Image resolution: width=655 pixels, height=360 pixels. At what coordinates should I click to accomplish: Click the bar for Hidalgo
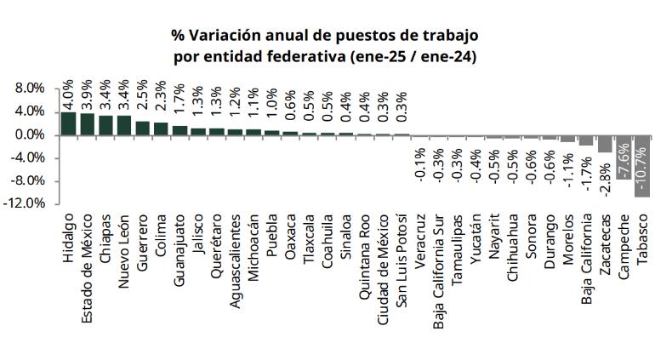pos(69,123)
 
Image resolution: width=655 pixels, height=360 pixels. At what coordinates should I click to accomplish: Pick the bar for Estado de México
pos(88,124)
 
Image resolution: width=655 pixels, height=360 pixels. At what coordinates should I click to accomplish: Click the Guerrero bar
pos(143,128)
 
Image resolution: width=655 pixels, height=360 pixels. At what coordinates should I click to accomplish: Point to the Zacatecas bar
pos(604,143)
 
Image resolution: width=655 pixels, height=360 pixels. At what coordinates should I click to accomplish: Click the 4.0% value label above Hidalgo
pos(69,94)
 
